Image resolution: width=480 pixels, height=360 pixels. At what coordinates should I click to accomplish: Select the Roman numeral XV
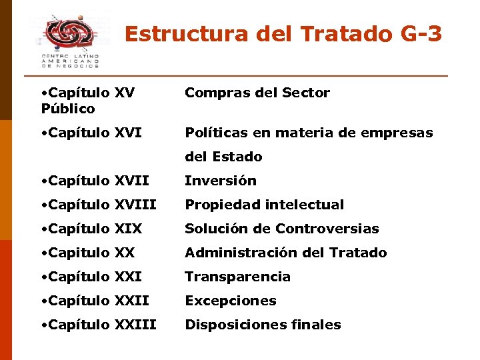[125, 93]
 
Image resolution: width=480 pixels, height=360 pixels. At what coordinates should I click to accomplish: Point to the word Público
[68, 108]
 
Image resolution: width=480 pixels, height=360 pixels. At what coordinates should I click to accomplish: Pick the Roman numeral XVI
[128, 133]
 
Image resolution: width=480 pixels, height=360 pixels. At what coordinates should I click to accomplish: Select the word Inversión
[220, 181]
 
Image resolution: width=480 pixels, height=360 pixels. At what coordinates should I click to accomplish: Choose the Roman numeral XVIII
[136, 205]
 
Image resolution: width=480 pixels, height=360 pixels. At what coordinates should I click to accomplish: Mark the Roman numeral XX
[125, 253]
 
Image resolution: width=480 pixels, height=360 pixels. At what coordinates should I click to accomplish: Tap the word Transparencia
[237, 277]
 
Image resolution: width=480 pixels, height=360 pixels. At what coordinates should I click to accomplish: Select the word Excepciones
[230, 301]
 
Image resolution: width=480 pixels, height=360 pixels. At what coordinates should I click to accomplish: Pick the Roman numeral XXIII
[135, 325]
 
